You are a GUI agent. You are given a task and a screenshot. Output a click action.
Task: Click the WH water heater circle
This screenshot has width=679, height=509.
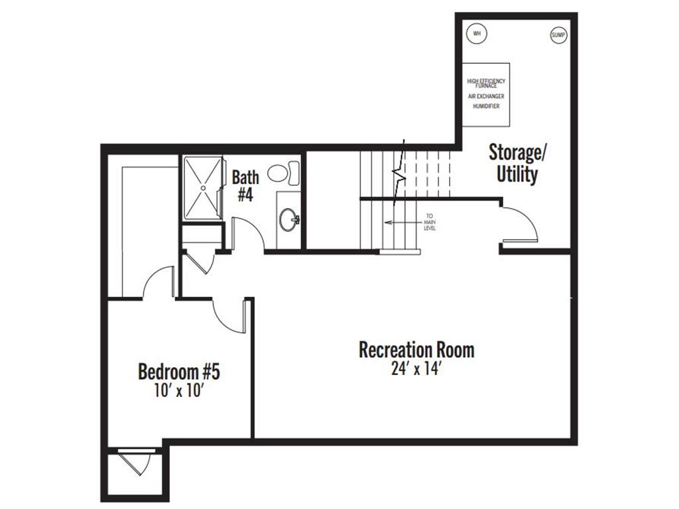pyautogui.click(x=477, y=33)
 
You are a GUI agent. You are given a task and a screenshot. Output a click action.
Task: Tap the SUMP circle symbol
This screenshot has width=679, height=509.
pyautogui.click(x=558, y=35)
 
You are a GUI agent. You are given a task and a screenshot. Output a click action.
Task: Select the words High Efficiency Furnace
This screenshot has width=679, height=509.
pyautogui.click(x=486, y=84)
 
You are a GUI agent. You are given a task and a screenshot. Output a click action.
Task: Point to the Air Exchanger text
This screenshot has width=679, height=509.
pyautogui.click(x=486, y=97)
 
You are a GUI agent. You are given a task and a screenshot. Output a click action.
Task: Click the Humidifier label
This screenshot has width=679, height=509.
pyautogui.click(x=486, y=106)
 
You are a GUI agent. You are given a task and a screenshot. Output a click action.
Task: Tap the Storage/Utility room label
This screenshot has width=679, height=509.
pyautogui.click(x=517, y=164)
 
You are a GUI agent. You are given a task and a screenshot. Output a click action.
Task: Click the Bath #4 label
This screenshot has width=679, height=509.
pyautogui.click(x=245, y=186)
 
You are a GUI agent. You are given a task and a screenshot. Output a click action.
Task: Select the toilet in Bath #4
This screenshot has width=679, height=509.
pyautogui.click(x=284, y=172)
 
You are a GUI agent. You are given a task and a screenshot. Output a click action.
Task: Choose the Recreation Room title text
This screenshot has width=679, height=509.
pyautogui.click(x=416, y=350)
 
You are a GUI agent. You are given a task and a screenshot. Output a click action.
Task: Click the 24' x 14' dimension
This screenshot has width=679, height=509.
pyautogui.click(x=416, y=369)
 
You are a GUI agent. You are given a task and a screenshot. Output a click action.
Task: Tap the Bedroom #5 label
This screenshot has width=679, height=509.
pyautogui.click(x=179, y=371)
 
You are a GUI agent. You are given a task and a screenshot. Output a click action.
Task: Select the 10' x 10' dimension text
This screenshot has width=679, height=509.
pyautogui.click(x=179, y=391)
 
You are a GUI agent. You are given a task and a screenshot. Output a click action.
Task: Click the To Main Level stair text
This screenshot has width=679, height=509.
pyautogui.click(x=430, y=222)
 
